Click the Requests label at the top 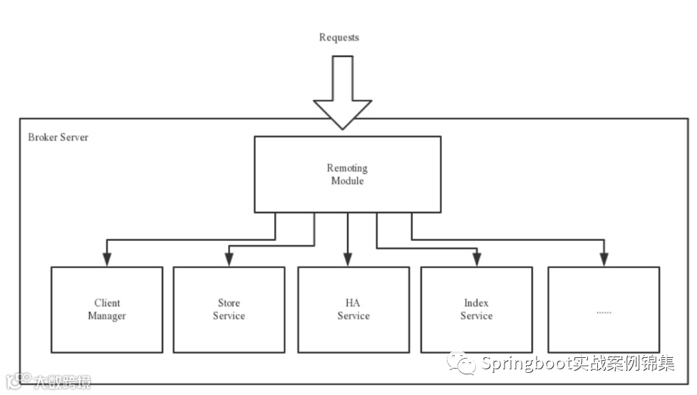coord(339,37)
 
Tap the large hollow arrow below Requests coord(342,93)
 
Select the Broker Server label coord(58,137)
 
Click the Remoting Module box coord(347,175)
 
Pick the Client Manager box coord(107,309)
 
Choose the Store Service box coord(229,309)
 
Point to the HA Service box coord(353,309)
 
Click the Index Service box coord(476,309)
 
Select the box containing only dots coord(603,309)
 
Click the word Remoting coord(347,168)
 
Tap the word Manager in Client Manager coord(107,316)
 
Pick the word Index coord(476,303)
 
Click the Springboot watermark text coord(577,364)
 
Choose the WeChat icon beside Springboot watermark coord(462,364)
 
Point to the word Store coord(229,303)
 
